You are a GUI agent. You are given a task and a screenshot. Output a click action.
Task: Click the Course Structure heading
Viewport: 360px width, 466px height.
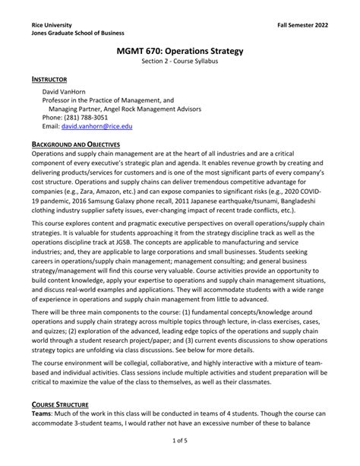coord(65,404)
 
